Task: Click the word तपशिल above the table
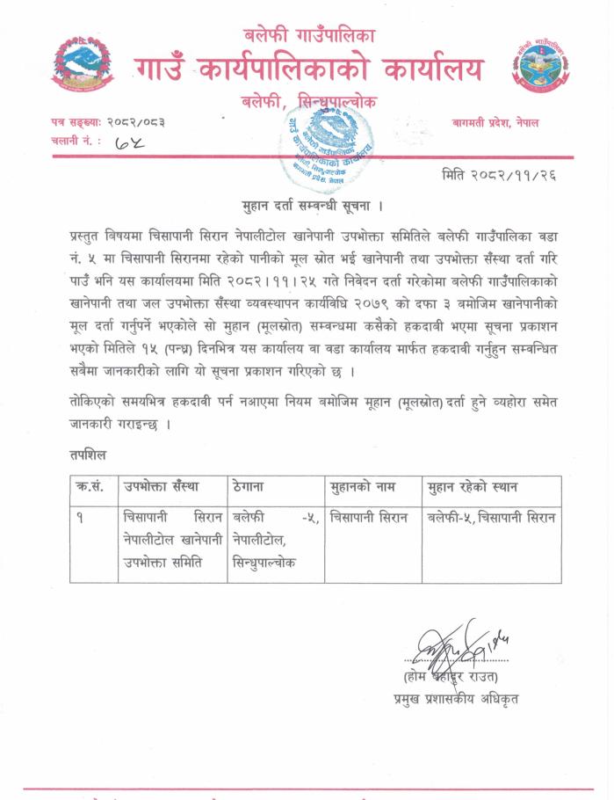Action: click(x=90, y=455)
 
